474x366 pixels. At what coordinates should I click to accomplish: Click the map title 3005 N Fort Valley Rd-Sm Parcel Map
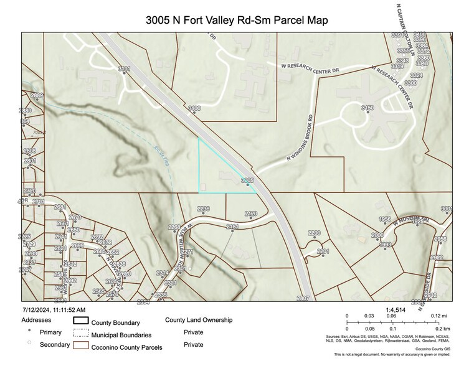pos(237,20)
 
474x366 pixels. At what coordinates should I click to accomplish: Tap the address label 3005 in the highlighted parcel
pos(247,181)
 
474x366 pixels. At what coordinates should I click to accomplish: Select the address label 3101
pos(124,68)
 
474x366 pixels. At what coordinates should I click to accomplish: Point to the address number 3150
pos(367,108)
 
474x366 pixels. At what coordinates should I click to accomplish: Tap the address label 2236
pos(203,209)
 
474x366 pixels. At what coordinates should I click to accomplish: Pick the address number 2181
pos(232,227)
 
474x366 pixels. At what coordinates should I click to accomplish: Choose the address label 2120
pos(251,214)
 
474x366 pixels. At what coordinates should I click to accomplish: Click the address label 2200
pos(314,233)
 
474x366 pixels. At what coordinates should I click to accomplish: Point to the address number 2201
pos(323,251)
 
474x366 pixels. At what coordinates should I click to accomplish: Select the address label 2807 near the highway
pos(303,299)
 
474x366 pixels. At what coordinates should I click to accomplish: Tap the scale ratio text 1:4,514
pos(396,309)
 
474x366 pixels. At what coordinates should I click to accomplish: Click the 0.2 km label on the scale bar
pos(443,328)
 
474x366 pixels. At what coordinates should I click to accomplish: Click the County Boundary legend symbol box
pos(82,321)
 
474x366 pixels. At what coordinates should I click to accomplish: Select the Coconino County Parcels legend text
pos(127,347)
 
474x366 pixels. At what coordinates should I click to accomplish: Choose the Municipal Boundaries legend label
pos(121,334)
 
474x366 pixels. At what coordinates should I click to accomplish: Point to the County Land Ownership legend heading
pos(199,320)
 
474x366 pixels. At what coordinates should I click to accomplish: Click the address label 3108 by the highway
pos(195,108)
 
